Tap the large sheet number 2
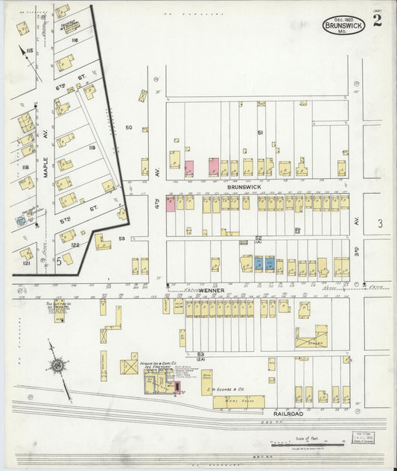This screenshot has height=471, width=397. click(378, 21)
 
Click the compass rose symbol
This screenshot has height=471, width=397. click(57, 365)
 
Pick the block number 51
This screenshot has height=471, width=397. click(260, 132)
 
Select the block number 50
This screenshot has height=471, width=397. click(128, 127)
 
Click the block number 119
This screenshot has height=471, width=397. click(92, 148)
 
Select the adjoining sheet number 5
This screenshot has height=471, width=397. click(57, 261)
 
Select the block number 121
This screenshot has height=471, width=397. click(25, 265)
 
